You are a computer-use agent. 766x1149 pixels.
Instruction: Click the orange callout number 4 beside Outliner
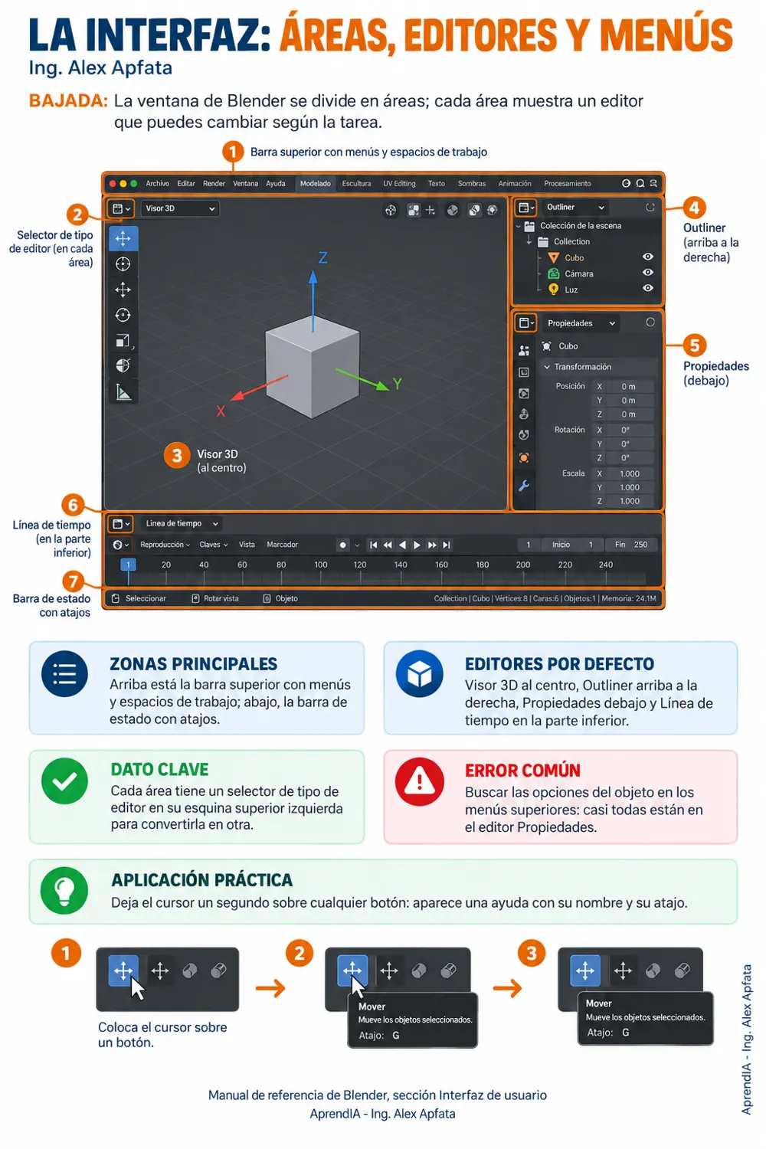click(x=694, y=208)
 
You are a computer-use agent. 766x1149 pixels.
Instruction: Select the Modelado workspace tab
click(x=315, y=184)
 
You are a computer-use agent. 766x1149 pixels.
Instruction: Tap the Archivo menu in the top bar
click(x=157, y=184)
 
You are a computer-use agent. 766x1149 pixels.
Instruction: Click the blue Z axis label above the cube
click(x=322, y=257)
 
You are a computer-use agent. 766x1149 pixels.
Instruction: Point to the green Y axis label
click(x=397, y=383)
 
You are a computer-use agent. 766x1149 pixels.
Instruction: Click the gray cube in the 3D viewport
click(x=312, y=366)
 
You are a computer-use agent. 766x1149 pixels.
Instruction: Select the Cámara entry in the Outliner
click(x=579, y=274)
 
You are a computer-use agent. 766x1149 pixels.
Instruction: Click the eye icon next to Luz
click(x=648, y=288)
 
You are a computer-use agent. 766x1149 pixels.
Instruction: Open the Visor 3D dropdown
click(x=179, y=208)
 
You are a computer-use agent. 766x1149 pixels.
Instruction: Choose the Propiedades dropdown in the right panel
click(x=581, y=323)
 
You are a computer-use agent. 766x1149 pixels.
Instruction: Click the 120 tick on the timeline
click(x=360, y=565)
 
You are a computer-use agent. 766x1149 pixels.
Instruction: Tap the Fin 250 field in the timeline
click(x=630, y=544)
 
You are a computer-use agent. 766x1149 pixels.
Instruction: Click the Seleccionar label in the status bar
click(x=146, y=598)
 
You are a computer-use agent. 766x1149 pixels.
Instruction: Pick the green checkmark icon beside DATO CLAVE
click(x=64, y=781)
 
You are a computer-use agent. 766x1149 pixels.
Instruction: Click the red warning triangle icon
click(x=420, y=781)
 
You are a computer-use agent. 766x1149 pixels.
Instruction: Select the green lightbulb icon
click(x=64, y=890)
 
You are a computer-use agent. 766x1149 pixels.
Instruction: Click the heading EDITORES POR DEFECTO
click(x=559, y=664)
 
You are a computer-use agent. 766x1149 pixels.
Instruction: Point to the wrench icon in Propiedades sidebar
click(x=524, y=485)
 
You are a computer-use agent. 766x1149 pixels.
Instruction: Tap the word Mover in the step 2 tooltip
click(x=372, y=1007)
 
